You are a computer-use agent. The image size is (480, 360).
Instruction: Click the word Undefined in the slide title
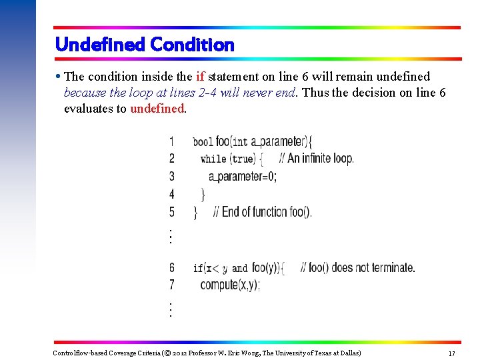(x=101, y=45)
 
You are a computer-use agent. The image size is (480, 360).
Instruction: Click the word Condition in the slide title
(x=193, y=45)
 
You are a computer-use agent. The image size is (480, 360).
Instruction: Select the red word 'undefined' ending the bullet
(x=157, y=109)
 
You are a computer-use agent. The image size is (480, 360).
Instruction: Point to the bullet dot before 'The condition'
(x=59, y=77)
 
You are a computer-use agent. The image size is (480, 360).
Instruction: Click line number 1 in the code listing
(x=172, y=141)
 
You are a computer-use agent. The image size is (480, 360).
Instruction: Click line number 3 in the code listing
(x=172, y=177)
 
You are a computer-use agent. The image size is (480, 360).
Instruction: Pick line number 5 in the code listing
(x=172, y=212)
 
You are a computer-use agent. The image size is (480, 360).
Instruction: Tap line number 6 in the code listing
(x=172, y=268)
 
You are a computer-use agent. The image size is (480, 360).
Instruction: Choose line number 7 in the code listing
(x=172, y=285)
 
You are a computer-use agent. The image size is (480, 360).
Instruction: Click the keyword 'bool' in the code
(x=203, y=142)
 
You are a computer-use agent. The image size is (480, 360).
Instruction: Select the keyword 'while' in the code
(x=213, y=159)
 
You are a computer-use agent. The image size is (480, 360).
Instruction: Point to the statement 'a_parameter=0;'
(x=242, y=177)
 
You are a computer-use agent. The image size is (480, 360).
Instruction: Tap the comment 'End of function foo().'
(x=263, y=213)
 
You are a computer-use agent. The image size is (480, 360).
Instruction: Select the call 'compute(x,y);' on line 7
(x=230, y=285)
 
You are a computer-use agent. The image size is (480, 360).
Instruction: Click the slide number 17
(x=451, y=353)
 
